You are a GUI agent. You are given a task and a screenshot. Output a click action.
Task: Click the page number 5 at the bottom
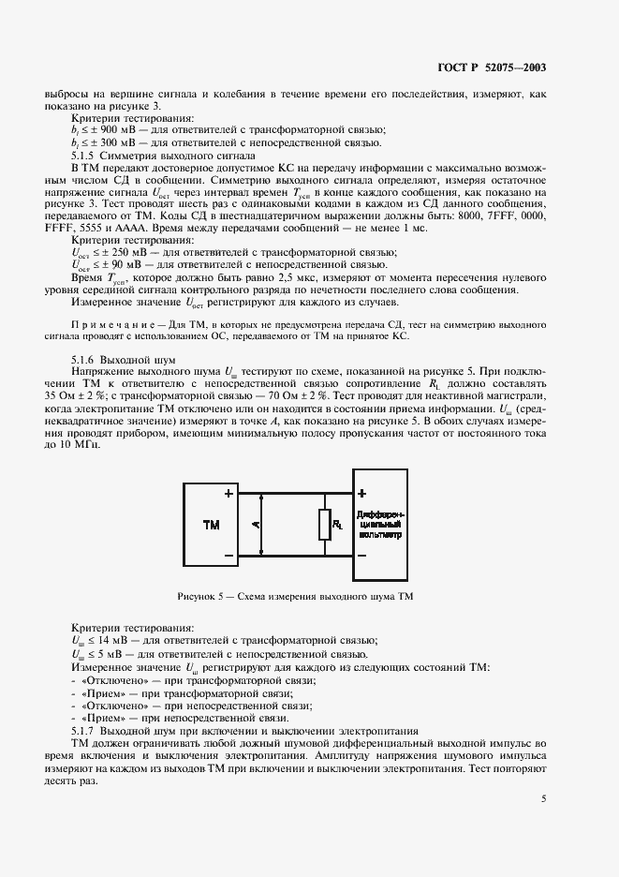pyautogui.click(x=543, y=798)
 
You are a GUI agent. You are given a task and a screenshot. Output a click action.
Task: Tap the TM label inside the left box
pyautogui.click(x=212, y=526)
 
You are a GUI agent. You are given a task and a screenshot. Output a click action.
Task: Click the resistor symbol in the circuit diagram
pyautogui.click(x=324, y=526)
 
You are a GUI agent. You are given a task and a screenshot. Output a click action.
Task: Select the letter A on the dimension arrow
pyautogui.click(x=255, y=526)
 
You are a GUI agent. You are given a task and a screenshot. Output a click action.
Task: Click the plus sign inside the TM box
pyautogui.click(x=228, y=494)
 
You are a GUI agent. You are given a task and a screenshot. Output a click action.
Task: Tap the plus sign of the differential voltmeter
pyautogui.click(x=362, y=494)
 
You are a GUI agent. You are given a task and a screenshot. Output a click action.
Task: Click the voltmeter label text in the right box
pyautogui.click(x=380, y=527)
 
